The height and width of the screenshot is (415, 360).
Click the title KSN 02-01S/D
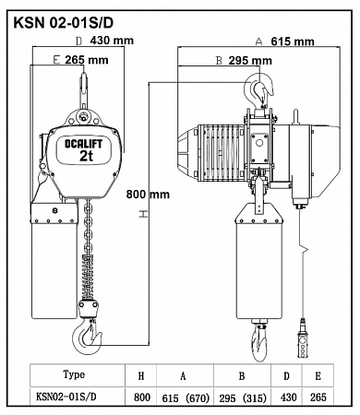(64, 23)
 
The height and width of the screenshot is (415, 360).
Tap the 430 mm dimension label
(112, 41)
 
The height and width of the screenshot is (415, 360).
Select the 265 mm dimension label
(87, 60)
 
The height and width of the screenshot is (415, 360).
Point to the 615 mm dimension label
(293, 41)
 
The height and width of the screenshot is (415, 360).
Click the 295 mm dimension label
(250, 61)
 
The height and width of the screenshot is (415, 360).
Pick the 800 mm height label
(148, 195)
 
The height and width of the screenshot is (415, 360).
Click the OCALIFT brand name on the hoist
(83, 144)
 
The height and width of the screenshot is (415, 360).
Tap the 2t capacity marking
(86, 156)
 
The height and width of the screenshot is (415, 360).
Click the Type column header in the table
(74, 374)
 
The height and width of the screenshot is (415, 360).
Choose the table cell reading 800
(142, 397)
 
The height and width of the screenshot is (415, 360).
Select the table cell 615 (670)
(186, 398)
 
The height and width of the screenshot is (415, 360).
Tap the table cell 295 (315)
(243, 398)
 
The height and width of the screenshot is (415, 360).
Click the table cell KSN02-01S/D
(66, 397)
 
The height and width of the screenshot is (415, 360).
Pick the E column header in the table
(318, 375)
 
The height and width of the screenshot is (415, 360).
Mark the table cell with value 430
(288, 397)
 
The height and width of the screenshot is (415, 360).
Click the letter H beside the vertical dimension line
(143, 214)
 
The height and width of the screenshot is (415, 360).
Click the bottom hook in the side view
(259, 342)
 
